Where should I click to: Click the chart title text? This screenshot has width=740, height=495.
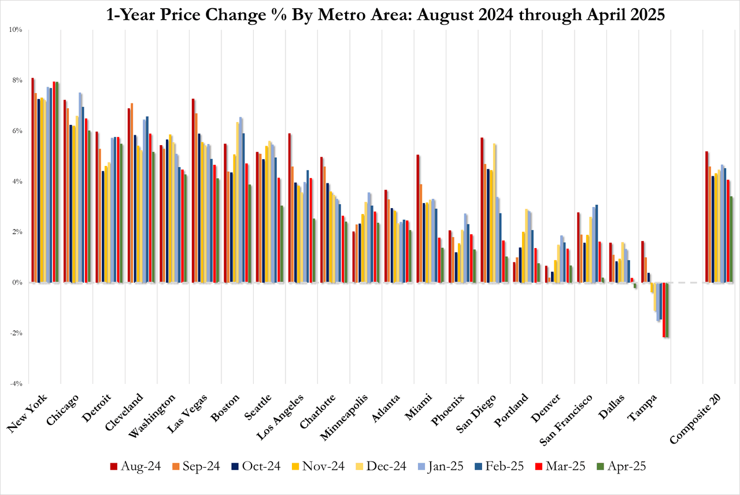tap(370, 14)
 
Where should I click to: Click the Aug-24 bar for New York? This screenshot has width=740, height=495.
tap(33, 180)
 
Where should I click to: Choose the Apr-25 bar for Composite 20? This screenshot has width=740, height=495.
tap(731, 239)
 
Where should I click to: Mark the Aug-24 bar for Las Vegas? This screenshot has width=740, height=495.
tap(194, 191)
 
